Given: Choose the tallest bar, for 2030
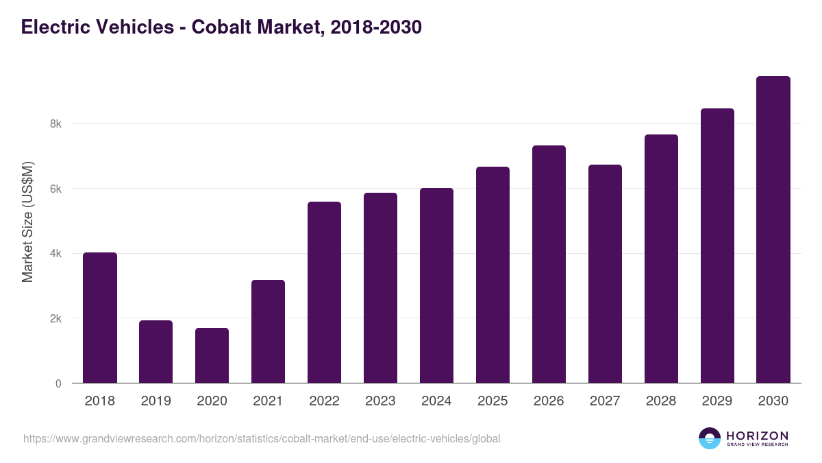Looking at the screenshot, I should (x=773, y=230).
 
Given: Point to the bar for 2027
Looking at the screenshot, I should (x=605, y=274).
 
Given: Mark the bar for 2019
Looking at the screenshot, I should (x=155, y=352).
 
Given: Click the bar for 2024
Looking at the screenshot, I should (x=436, y=285).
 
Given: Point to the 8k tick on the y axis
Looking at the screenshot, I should (x=55, y=124).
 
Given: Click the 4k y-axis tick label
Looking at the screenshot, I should (x=55, y=254).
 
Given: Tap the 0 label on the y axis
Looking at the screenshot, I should (x=58, y=383).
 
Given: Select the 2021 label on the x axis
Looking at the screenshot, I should (x=268, y=401).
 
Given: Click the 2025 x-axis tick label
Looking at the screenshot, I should (x=493, y=401).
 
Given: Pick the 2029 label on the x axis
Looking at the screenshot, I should (x=717, y=401).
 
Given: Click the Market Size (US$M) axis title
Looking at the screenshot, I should (x=27, y=222).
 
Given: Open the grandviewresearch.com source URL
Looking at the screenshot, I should (x=262, y=438).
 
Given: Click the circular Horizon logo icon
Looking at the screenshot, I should (x=710, y=438).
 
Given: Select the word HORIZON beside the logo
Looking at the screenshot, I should (x=757, y=436).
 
